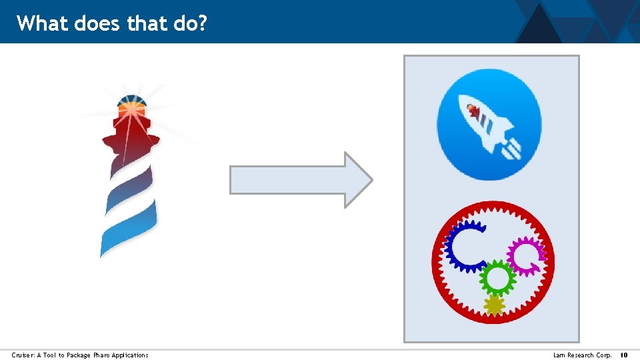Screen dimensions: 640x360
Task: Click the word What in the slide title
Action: pyautogui.click(x=43, y=24)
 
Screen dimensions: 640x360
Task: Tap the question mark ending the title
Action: pyautogui.click(x=203, y=24)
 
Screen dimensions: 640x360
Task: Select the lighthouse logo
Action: pyautogui.click(x=130, y=173)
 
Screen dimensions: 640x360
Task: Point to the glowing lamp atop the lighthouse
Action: pyautogui.click(x=132, y=107)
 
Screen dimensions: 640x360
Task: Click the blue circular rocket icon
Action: pyautogui.click(x=489, y=125)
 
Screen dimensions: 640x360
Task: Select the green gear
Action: pyautogui.click(x=497, y=277)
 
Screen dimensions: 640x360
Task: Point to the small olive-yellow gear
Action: pyautogui.click(x=494, y=305)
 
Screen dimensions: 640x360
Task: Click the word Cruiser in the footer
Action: pyautogui.click(x=23, y=355)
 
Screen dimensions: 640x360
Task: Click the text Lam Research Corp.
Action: pyautogui.click(x=582, y=355)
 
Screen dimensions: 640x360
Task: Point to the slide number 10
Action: pyautogui.click(x=624, y=355)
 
